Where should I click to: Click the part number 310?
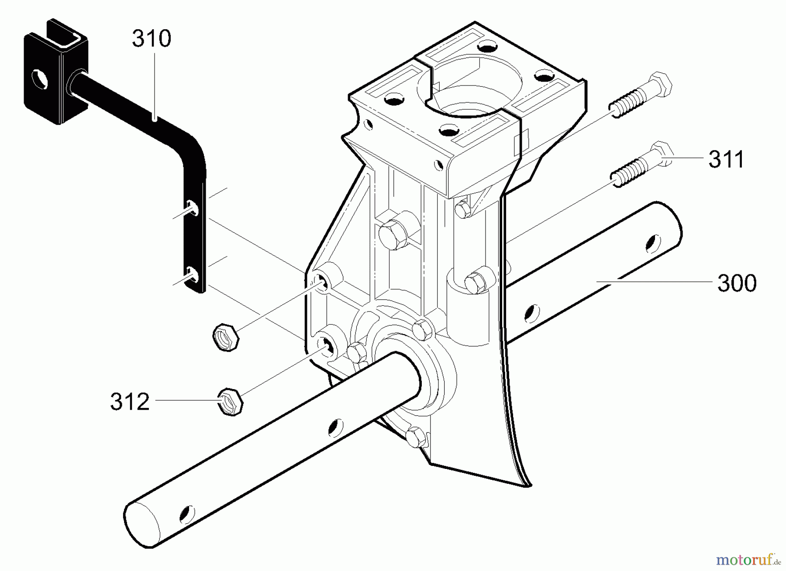152,39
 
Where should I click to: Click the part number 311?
726,160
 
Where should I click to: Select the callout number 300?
737,284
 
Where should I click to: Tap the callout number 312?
130,402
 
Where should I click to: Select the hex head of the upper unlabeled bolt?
660,84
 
